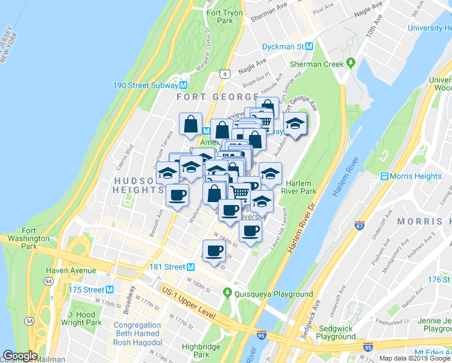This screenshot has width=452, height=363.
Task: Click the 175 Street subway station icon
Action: coord(109,290)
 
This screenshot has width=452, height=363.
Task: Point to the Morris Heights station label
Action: coord(416,176)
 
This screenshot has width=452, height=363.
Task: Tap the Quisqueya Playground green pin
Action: coord(227,294)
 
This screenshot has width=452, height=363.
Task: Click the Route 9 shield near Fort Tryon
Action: coord(224,74)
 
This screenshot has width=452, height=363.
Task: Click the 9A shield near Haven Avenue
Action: coord(48,281)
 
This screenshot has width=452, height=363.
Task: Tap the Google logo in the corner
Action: coord(20,356)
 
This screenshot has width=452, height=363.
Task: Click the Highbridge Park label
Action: coord(201,351)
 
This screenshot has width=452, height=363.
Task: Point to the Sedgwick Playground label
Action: coord(335,332)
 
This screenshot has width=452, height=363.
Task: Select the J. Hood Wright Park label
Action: coord(85,318)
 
